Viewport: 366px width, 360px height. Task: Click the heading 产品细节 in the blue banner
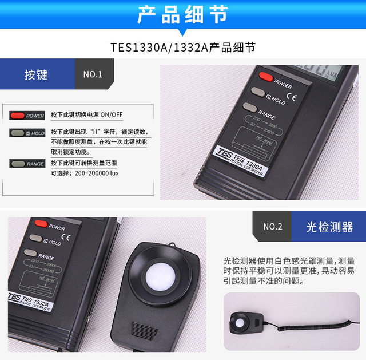click(x=182, y=14)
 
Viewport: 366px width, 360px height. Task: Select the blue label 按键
click(x=36, y=74)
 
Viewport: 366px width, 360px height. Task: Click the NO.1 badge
click(x=93, y=74)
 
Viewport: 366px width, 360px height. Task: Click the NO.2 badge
click(x=273, y=227)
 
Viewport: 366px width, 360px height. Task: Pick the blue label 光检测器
click(x=329, y=227)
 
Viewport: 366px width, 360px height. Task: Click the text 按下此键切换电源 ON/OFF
click(x=86, y=114)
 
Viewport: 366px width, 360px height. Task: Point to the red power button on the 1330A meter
click(x=266, y=76)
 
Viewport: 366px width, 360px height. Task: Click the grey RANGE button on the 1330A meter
click(x=249, y=106)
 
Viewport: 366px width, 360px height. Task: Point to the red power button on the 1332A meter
click(x=40, y=223)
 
